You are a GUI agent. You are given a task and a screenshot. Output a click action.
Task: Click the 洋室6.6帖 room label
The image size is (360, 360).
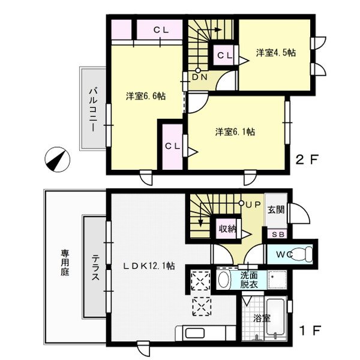(x=146, y=96)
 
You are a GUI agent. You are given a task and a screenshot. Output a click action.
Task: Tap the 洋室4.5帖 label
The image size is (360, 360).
(x=276, y=53)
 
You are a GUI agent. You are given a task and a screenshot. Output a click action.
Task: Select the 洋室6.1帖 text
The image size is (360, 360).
(x=235, y=132)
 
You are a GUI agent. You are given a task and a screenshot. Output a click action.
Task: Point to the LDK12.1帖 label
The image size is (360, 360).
(x=149, y=266)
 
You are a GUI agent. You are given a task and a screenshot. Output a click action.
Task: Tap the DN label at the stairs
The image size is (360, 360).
(x=200, y=77)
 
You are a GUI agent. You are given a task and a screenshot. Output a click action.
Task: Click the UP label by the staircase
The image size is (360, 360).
(x=253, y=205)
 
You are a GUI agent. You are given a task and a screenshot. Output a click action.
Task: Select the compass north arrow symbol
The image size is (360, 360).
(x=58, y=160)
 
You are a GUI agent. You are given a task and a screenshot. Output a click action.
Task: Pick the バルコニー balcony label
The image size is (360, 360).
(x=93, y=110)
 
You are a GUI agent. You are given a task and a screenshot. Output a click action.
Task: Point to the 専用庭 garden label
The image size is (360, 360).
(x=65, y=263)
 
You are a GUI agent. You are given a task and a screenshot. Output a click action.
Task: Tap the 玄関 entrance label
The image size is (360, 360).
(x=276, y=209)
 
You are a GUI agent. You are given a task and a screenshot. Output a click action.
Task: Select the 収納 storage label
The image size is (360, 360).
(x=227, y=229)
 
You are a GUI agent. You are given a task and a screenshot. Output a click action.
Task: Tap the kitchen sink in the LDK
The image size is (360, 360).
(x=195, y=333)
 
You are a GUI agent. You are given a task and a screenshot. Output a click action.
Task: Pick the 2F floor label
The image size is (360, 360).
(x=307, y=160)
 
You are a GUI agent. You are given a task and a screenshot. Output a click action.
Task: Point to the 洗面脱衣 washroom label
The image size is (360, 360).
(x=249, y=280)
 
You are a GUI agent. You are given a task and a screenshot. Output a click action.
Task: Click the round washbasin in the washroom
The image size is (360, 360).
(x=224, y=280)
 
